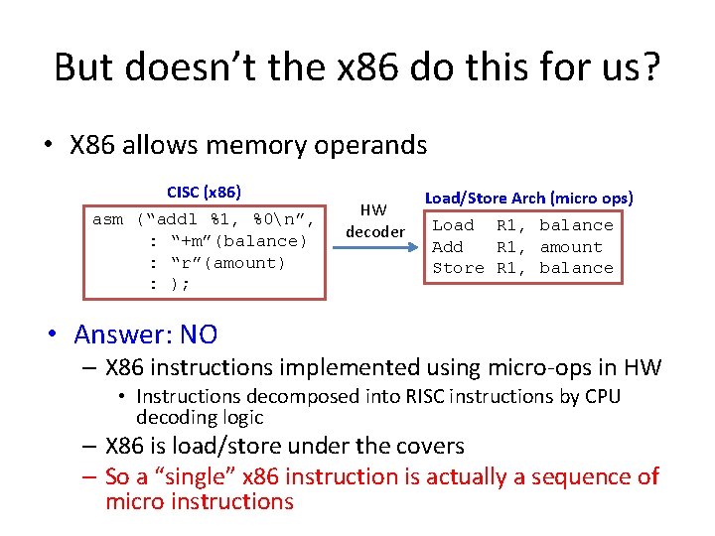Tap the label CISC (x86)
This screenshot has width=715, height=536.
pos(204,192)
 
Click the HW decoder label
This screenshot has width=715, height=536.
pos(374,220)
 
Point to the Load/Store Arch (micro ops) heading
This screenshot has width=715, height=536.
pos(529,198)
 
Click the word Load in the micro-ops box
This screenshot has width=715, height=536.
pos(453,225)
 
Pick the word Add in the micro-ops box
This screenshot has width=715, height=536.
pos(448,247)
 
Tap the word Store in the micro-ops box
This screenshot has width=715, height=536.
pos(458,268)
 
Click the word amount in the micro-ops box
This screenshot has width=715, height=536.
pos(571,247)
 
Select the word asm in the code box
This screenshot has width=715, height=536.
pos(107,219)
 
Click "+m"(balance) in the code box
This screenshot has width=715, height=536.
pos(239,241)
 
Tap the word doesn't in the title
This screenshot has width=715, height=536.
pos(170,67)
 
